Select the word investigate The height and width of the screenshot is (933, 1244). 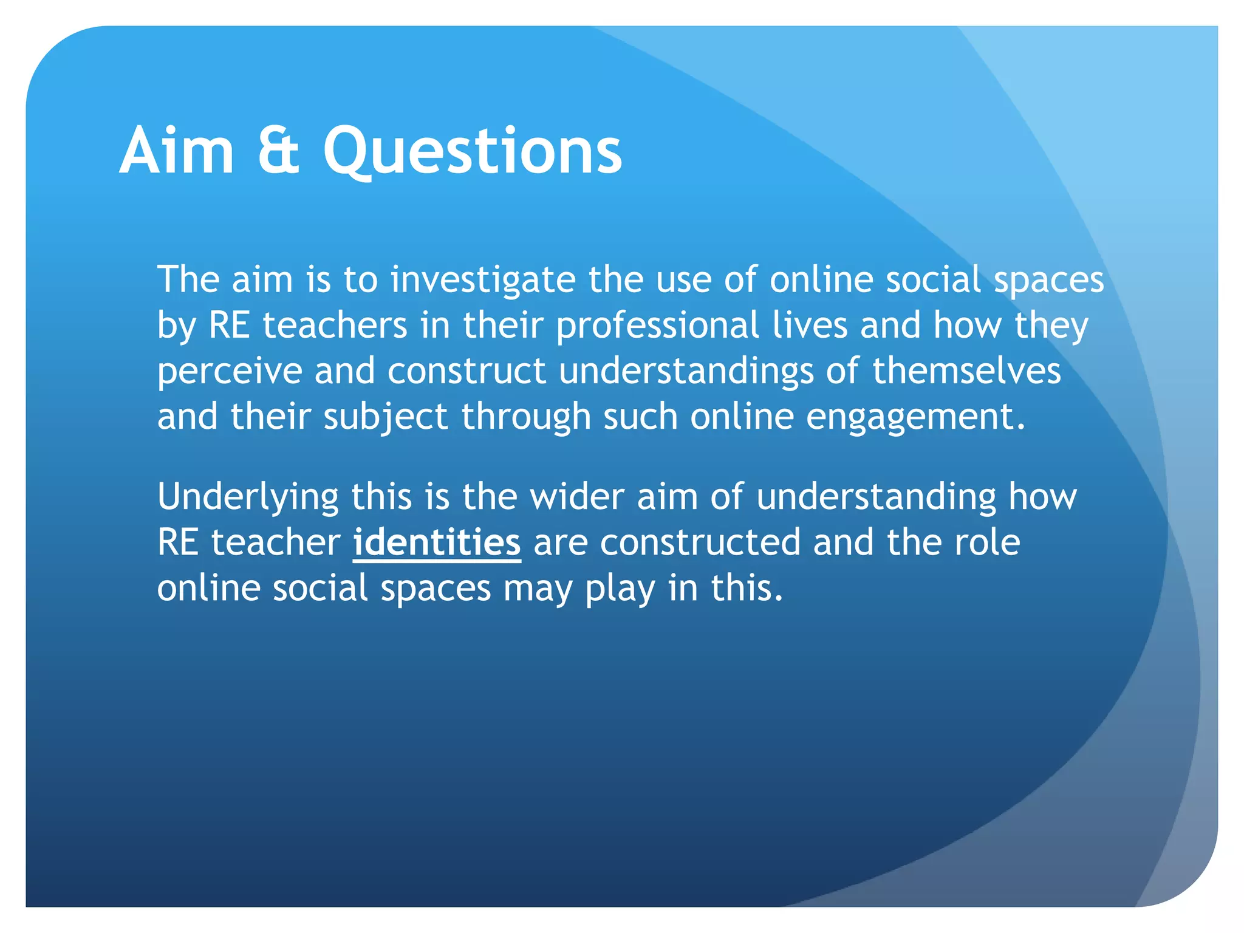[x=483, y=281]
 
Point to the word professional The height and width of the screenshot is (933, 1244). [x=657, y=326]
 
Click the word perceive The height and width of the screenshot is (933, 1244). [x=230, y=372]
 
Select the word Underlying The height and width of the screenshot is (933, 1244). [x=248, y=497]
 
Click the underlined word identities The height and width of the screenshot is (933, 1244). [x=437, y=542]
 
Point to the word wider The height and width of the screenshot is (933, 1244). [x=577, y=496]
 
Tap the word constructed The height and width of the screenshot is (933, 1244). [x=700, y=542]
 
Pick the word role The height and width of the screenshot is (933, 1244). [x=987, y=542]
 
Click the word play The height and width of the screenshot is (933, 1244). [x=620, y=589]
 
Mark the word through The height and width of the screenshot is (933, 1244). [x=526, y=417]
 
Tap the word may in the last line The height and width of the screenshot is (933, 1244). [x=538, y=589]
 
